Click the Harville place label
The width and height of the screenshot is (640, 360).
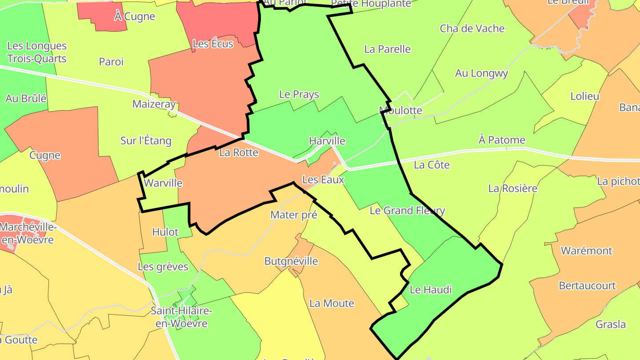(x=327, y=141)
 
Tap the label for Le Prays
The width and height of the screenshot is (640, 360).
(x=299, y=94)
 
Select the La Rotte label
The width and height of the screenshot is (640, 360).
(x=239, y=152)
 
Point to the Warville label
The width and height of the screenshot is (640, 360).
(x=164, y=183)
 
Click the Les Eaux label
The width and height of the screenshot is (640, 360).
(x=323, y=180)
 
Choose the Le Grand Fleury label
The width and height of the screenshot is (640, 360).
(x=407, y=210)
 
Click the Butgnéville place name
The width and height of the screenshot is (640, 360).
(x=291, y=261)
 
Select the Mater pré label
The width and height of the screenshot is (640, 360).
(x=294, y=215)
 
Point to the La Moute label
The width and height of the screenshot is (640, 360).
(x=332, y=304)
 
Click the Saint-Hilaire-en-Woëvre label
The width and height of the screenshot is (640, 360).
(x=181, y=317)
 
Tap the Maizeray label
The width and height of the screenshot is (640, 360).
(x=154, y=104)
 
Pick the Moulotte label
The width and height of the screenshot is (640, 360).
(x=400, y=110)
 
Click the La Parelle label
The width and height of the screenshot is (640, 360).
(x=387, y=49)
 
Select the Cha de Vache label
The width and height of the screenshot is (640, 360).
(x=472, y=28)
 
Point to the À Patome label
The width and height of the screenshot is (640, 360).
(x=502, y=140)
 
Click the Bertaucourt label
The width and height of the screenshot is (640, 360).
(x=587, y=285)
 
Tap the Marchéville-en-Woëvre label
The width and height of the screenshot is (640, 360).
(x=28, y=233)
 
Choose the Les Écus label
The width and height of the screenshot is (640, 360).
(x=213, y=44)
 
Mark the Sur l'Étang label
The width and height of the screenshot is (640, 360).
(x=146, y=141)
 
